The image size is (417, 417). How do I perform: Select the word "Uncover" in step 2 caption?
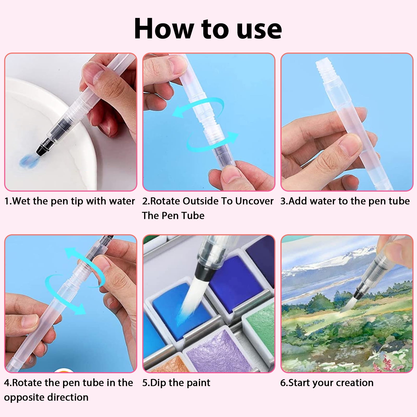coord(254,201)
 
